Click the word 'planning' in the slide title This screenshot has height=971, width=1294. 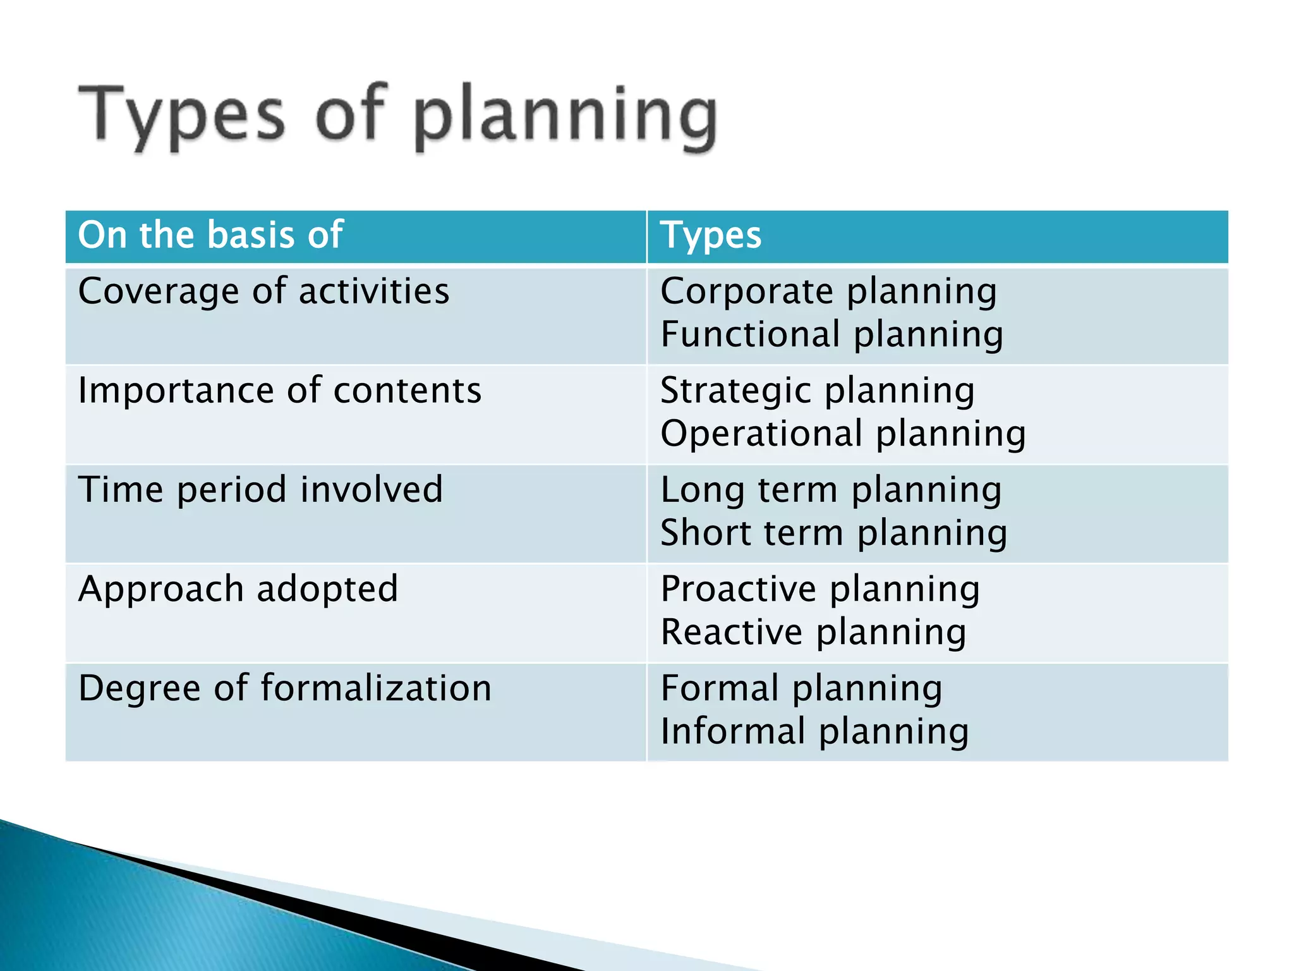pyautogui.click(x=566, y=116)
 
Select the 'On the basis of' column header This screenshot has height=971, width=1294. pyautogui.click(x=210, y=235)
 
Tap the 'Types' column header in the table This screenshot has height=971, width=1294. pyautogui.click(x=711, y=236)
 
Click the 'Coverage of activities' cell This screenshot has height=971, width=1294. pyautogui.click(x=263, y=292)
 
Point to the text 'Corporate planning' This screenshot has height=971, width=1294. pyautogui.click(x=828, y=292)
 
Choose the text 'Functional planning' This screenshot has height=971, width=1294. pyautogui.click(x=831, y=334)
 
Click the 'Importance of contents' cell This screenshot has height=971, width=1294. pyautogui.click(x=279, y=391)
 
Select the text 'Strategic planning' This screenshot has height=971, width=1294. pyautogui.click(x=818, y=391)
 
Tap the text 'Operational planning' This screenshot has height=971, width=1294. pyautogui.click(x=843, y=434)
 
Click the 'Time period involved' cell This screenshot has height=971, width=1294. pyautogui.click(x=260, y=490)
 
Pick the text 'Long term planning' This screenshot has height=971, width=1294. pyautogui.click(x=831, y=490)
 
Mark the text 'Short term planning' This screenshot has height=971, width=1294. pyautogui.click(x=833, y=533)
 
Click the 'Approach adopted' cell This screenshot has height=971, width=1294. pyautogui.click(x=238, y=589)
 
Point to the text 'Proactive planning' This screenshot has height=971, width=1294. pyautogui.click(x=820, y=589)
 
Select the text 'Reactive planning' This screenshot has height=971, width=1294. pyautogui.click(x=813, y=632)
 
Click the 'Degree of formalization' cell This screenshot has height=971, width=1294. pyautogui.click(x=284, y=688)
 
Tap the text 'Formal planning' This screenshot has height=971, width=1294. pyautogui.click(x=801, y=688)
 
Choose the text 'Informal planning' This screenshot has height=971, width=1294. pyautogui.click(x=814, y=731)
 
